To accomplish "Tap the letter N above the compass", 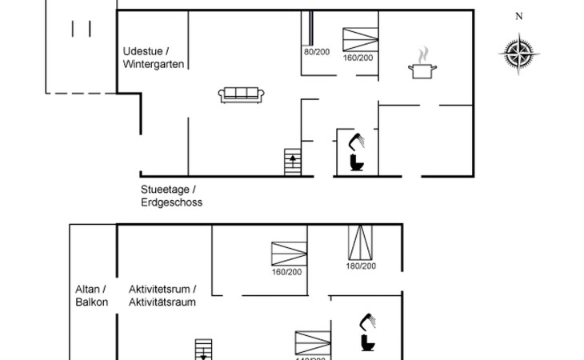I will pyautogui.click(x=519, y=16).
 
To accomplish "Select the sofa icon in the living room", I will pyautogui.click(x=242, y=94).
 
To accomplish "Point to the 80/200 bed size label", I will pyautogui.click(x=317, y=51).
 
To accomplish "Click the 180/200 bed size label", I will pyautogui.click(x=361, y=266).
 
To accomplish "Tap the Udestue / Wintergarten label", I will pyautogui.click(x=154, y=58).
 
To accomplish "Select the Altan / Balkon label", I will pyautogui.click(x=91, y=296).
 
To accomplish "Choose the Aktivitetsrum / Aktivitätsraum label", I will pyautogui.click(x=162, y=296).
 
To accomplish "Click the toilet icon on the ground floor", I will pyautogui.click(x=356, y=163).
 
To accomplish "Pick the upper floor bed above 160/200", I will pyautogui.click(x=288, y=254).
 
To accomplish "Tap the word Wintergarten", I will pyautogui.click(x=154, y=64).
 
